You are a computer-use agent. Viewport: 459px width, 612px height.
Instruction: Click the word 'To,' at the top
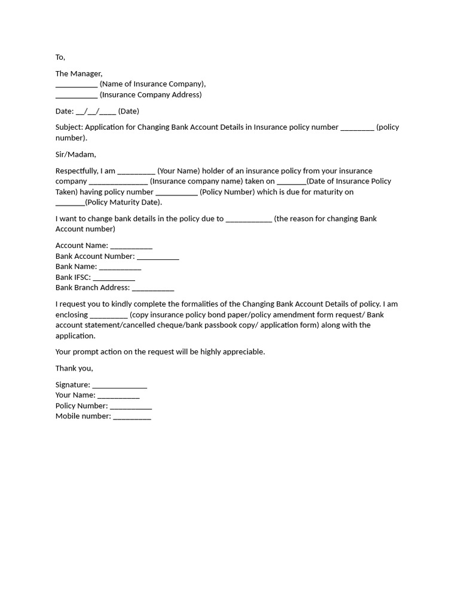(x=60, y=57)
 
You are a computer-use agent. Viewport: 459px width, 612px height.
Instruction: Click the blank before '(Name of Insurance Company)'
(x=76, y=85)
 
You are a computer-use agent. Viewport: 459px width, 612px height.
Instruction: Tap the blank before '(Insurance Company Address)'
(x=76, y=96)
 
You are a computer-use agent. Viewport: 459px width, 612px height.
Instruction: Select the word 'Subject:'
(x=69, y=127)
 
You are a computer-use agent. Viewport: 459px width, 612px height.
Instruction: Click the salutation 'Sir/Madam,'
(x=76, y=154)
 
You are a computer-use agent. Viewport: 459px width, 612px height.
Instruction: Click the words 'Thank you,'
(x=74, y=368)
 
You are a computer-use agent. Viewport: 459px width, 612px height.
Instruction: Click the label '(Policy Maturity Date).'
(x=124, y=202)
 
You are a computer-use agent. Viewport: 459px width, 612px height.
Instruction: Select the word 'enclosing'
(x=72, y=314)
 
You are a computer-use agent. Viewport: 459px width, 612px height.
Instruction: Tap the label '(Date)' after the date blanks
(x=128, y=111)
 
